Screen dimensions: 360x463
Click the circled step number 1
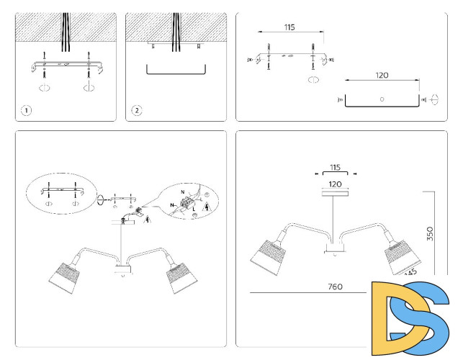coord(26,111)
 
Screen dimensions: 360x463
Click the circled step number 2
coord(136,111)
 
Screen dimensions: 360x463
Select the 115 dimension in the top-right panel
coord(289,27)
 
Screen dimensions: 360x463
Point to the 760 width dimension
coord(334,287)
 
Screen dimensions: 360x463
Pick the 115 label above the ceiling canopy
coord(333,167)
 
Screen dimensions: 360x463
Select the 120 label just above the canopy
coord(333,184)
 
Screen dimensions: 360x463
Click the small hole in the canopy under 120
coord(382,97)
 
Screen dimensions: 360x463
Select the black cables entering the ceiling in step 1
coord(66,32)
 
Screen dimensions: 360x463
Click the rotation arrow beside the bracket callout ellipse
coord(102,200)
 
